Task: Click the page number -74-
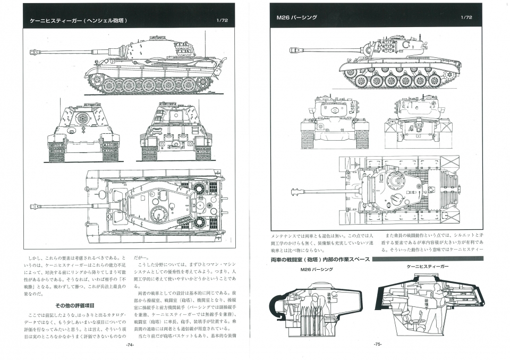[x=129, y=345]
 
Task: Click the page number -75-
[x=378, y=345]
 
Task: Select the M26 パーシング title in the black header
[x=297, y=18]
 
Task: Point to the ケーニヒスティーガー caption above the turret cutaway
[x=428, y=266]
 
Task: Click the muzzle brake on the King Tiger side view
[x=36, y=53]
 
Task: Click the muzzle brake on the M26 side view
[x=293, y=50]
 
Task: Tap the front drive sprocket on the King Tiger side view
[x=96, y=81]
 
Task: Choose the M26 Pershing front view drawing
[x=335, y=122]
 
